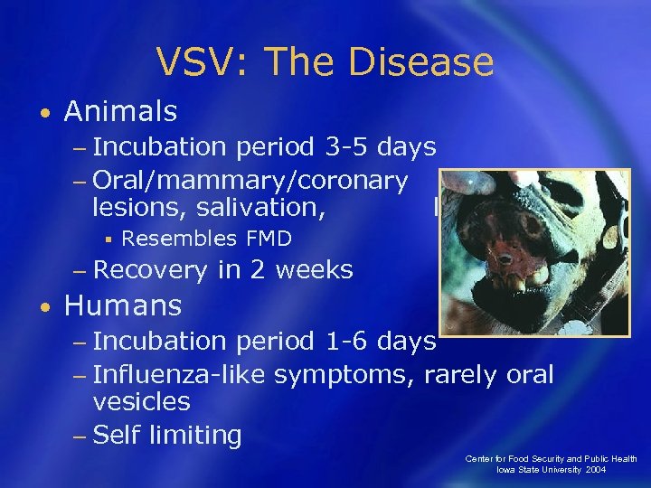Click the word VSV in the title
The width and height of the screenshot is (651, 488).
pyautogui.click(x=193, y=63)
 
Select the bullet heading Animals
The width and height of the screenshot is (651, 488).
pyautogui.click(x=120, y=112)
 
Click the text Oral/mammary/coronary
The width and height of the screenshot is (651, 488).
pyautogui.click(x=250, y=180)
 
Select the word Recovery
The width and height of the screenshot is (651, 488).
pyautogui.click(x=150, y=270)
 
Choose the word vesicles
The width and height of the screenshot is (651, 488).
pyautogui.click(x=141, y=402)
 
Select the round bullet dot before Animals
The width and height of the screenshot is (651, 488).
pyautogui.click(x=45, y=114)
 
